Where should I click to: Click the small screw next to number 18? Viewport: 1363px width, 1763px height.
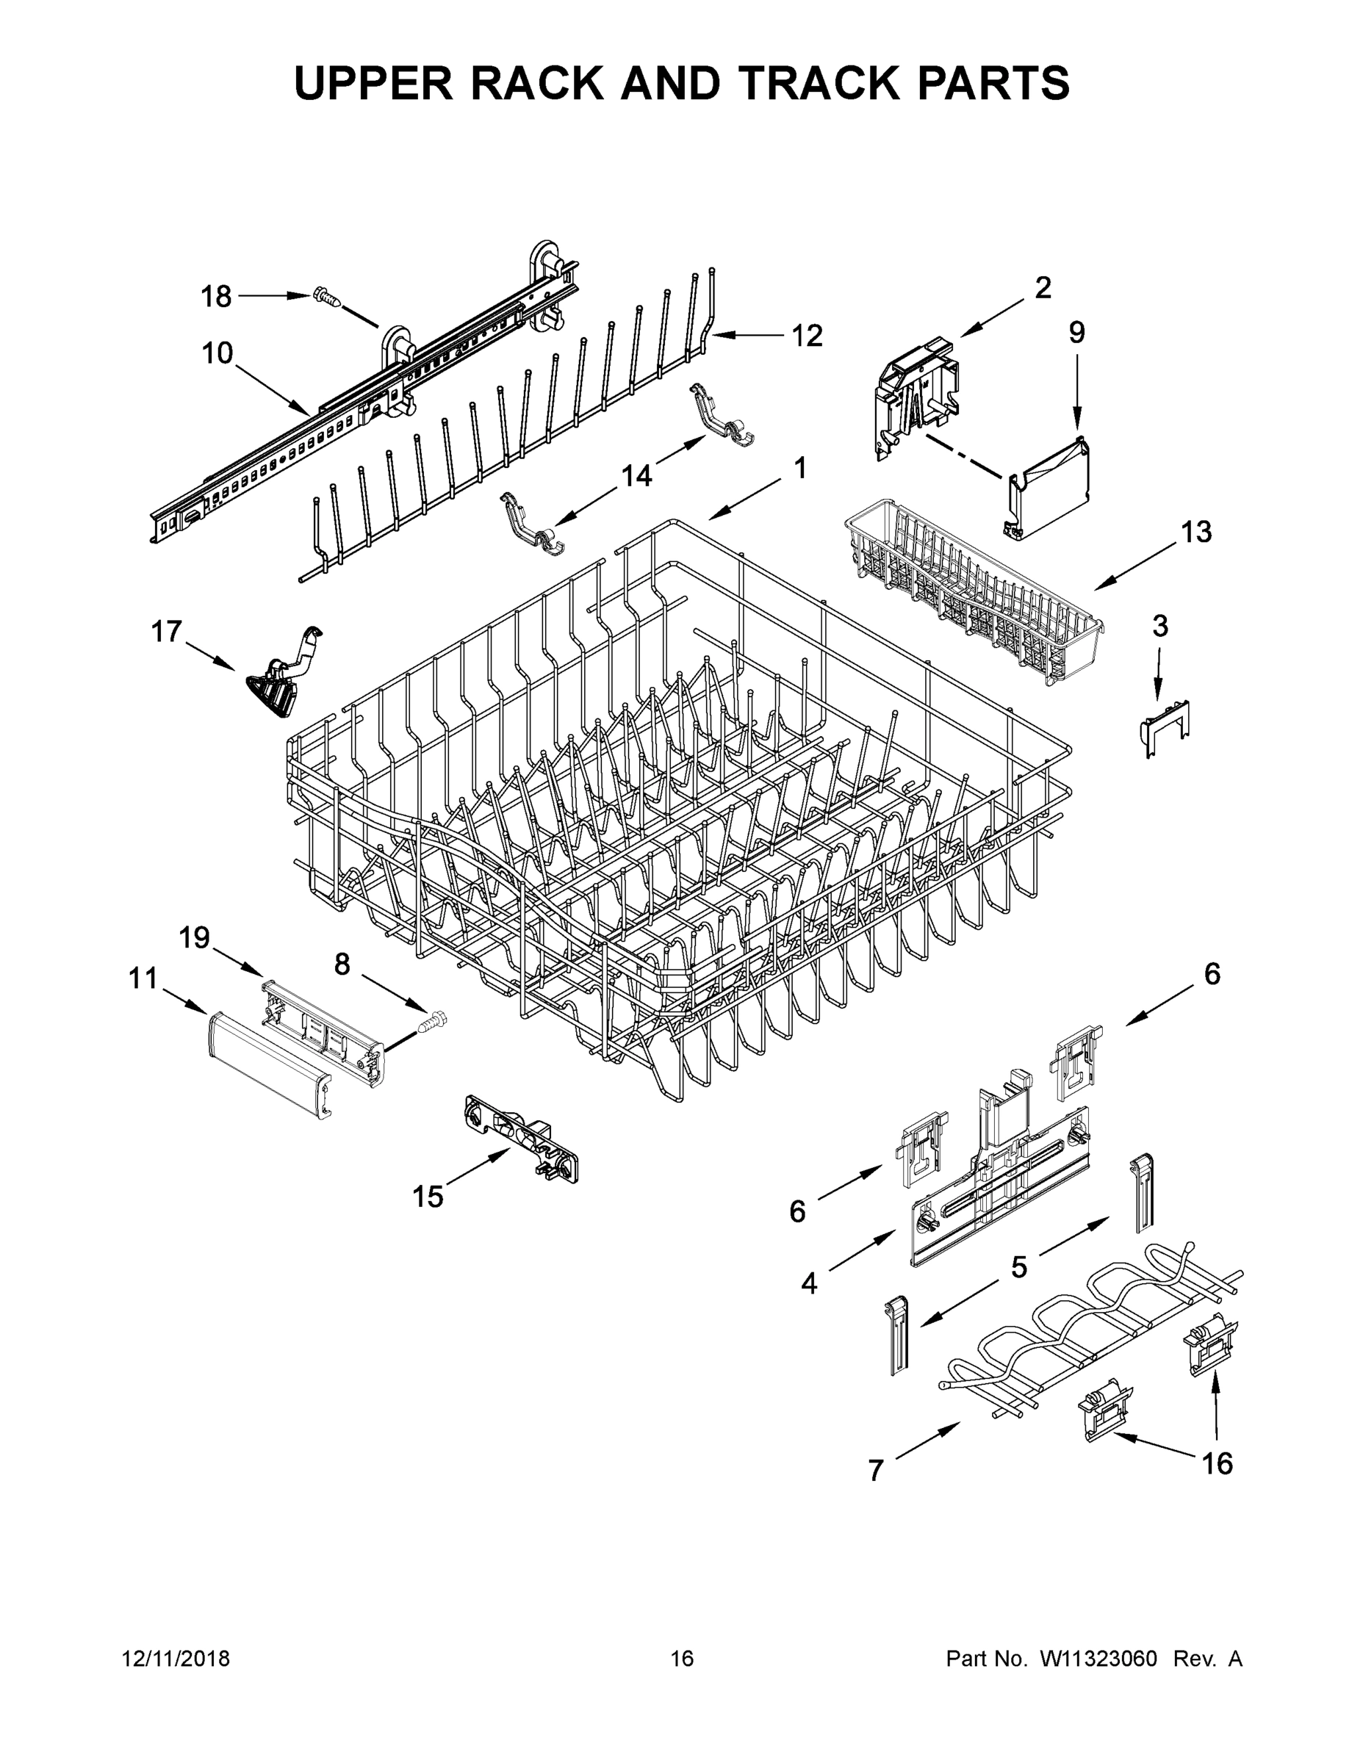326,297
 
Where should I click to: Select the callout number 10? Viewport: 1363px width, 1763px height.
217,353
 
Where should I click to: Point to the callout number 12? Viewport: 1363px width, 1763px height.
806,335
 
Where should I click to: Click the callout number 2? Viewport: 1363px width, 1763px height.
1043,287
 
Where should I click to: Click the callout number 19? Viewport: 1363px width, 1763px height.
194,938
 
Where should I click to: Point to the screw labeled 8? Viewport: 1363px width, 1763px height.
432,1023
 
